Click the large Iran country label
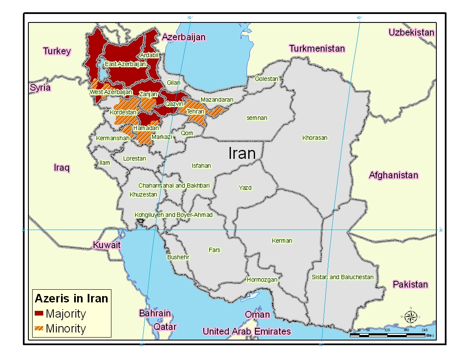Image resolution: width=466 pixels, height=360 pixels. pyautogui.click(x=242, y=153)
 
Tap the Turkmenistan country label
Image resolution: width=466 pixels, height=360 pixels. pyautogui.click(x=317, y=49)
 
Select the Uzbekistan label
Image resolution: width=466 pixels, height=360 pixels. pyautogui.click(x=411, y=33)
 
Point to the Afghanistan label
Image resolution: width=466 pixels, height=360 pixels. pyautogui.click(x=393, y=175)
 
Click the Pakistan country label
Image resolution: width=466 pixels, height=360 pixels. pyautogui.click(x=410, y=284)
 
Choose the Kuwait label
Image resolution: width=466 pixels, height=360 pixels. pyautogui.click(x=107, y=245)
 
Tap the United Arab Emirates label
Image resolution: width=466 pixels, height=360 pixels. pyautogui.click(x=247, y=331)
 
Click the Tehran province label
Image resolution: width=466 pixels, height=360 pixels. pyautogui.click(x=195, y=112)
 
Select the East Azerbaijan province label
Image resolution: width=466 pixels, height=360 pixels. pyautogui.click(x=125, y=64)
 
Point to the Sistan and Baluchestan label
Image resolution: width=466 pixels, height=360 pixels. pyautogui.click(x=342, y=277)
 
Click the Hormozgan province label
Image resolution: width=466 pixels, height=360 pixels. pyautogui.click(x=262, y=280)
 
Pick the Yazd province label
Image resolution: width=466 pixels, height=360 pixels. pyautogui.click(x=245, y=188)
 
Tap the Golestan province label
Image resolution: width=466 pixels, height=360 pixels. pyautogui.click(x=266, y=79)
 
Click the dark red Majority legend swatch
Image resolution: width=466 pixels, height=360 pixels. pyautogui.click(x=39, y=314)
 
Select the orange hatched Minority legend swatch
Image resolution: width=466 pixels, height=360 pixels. pyautogui.click(x=39, y=328)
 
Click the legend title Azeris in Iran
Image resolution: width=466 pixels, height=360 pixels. pyautogui.click(x=71, y=298)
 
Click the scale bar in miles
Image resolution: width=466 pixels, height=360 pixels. pyautogui.click(x=387, y=335)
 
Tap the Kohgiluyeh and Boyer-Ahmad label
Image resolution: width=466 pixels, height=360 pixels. pyautogui.click(x=173, y=215)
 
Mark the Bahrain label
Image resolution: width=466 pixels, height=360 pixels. pyautogui.click(x=155, y=313)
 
